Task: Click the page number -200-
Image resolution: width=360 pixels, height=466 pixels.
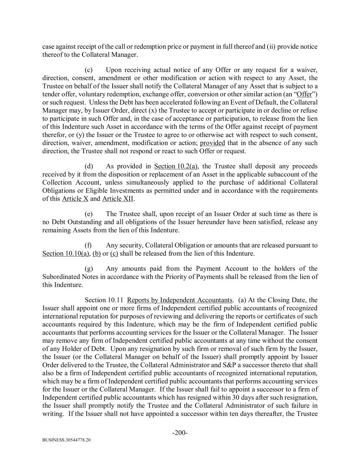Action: (x=180, y=433)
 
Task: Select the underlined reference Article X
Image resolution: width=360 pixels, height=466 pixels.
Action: (x=75, y=199)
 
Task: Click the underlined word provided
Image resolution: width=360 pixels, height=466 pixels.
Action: (x=212, y=143)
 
